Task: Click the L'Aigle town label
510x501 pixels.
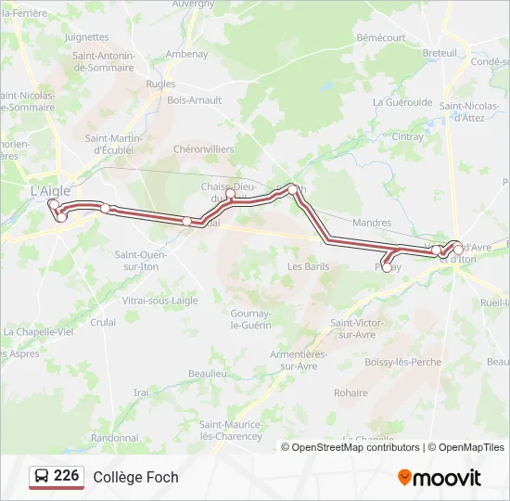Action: (x=51, y=189)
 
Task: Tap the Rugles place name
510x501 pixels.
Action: (x=160, y=83)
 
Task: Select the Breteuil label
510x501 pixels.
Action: (x=440, y=53)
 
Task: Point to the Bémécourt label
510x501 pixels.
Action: (x=381, y=37)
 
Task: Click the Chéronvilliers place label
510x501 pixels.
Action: (x=204, y=148)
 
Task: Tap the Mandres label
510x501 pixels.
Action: (x=372, y=223)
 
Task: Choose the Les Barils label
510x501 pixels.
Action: (x=308, y=265)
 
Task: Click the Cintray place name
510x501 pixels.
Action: (x=407, y=136)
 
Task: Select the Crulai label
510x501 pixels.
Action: (x=103, y=322)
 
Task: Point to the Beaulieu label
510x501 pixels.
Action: (x=208, y=373)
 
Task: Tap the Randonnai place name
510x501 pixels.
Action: (x=114, y=437)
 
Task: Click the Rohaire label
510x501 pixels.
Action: (x=351, y=392)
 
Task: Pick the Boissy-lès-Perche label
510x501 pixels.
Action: (x=403, y=362)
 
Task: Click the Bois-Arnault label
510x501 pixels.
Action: (x=194, y=100)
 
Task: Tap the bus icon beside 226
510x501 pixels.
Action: (x=42, y=477)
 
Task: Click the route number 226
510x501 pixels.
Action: (x=67, y=476)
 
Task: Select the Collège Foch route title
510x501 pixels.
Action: (x=135, y=477)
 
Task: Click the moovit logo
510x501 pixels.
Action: (x=440, y=478)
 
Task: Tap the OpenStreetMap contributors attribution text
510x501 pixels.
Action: (x=355, y=447)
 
